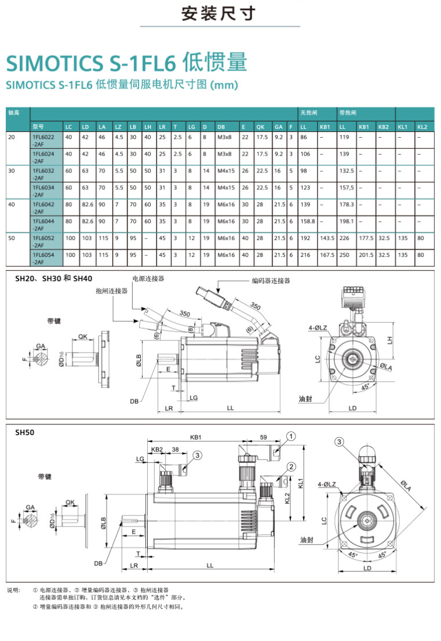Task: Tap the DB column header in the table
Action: [x=221, y=126]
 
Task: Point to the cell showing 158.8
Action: [x=307, y=221]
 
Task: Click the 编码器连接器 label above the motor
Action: [x=270, y=281]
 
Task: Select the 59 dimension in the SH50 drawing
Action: [x=263, y=437]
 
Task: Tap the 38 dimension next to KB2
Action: [x=175, y=450]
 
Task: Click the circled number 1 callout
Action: [x=291, y=436]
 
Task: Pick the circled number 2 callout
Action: [x=291, y=466]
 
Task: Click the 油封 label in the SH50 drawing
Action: [x=307, y=540]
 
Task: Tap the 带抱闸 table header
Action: [x=346, y=112]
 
